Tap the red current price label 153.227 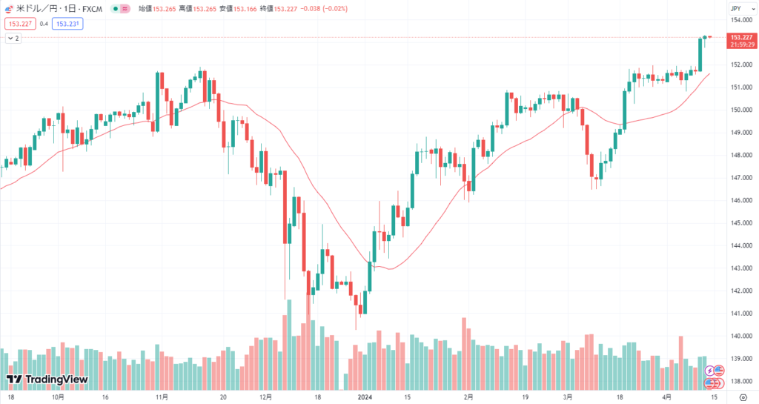point(741,36)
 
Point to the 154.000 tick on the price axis point(739,19)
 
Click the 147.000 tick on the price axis point(739,178)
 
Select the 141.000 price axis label point(739,314)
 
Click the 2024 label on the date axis point(364,397)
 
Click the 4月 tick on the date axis point(668,397)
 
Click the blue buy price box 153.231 point(67,23)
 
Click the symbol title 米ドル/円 point(37,9)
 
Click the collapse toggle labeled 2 point(13,38)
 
